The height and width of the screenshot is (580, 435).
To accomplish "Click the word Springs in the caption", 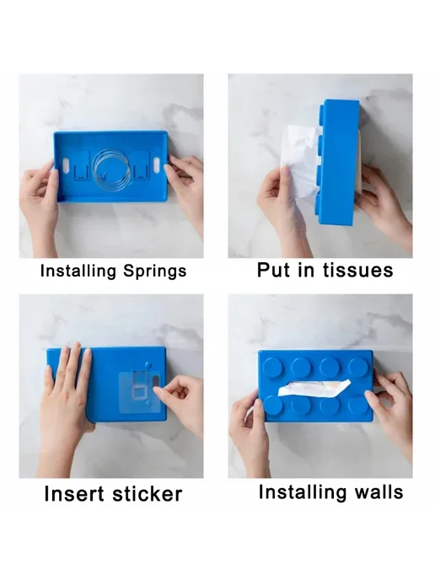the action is coord(154,271).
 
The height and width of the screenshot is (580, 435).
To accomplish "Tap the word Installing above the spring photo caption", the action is coord(78,271).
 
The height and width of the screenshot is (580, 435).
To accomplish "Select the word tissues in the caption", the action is coord(357,270).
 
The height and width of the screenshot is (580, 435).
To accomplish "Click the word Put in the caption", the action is coord(272,270).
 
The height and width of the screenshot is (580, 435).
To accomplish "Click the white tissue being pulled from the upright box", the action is coord(298,158).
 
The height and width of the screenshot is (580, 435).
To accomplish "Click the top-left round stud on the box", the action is coord(273,367).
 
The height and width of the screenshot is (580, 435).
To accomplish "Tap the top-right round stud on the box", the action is coord(358,367).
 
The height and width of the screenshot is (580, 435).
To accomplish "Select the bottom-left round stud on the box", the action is coord(273,405).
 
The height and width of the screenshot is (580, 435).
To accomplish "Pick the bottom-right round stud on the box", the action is coord(357,405).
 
